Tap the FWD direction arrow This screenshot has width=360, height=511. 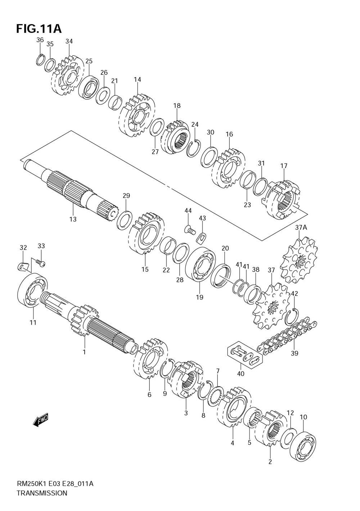click(40, 420)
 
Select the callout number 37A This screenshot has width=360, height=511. click(301, 227)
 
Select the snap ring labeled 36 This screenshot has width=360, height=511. click(40, 59)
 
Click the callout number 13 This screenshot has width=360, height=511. click(73, 219)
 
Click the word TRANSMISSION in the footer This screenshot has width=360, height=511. click(42, 493)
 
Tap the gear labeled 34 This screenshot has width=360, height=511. click(68, 76)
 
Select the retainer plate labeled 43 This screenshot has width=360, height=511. click(202, 237)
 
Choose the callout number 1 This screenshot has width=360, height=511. click(84, 352)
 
